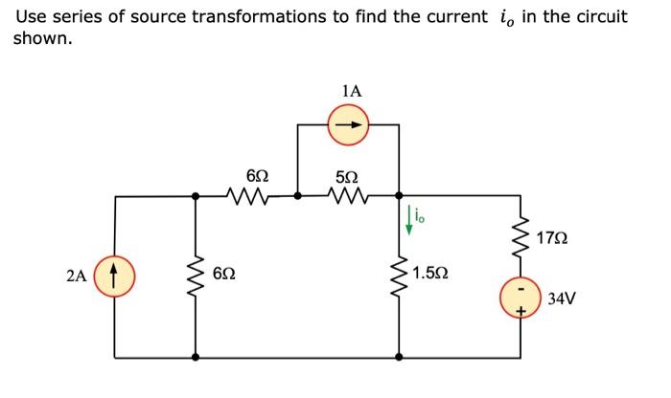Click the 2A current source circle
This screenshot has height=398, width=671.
116,277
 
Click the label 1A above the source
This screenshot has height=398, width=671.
351,91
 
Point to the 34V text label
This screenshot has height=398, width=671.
563,298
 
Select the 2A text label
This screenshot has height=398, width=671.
80,277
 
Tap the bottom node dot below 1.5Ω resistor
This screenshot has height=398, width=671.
398,357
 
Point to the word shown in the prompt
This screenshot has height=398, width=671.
41,38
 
